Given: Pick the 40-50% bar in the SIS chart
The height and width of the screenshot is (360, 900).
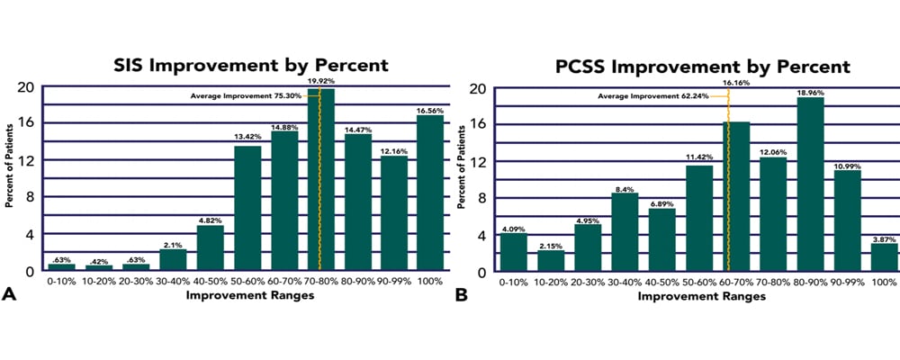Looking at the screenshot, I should [210, 247].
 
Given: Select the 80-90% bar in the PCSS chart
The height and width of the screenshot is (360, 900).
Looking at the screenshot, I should [809, 184].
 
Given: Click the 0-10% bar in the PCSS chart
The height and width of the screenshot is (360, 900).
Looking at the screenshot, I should [514, 253].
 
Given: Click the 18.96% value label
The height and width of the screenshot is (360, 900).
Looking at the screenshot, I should [809, 90].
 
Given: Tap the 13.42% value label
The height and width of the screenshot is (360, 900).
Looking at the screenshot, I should [247, 139].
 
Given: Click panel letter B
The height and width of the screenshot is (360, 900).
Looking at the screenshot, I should [463, 292].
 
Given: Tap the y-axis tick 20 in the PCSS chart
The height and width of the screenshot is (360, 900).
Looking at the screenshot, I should [479, 88].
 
